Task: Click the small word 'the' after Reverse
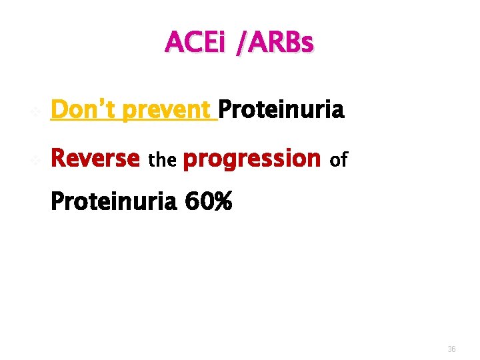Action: tap(161, 161)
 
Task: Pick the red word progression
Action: tap(251, 159)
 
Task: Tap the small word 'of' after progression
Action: tap(339, 160)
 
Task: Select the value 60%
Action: tap(208, 201)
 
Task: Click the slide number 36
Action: tap(451, 349)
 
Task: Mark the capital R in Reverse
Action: tap(59, 159)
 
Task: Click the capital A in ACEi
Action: tap(173, 43)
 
